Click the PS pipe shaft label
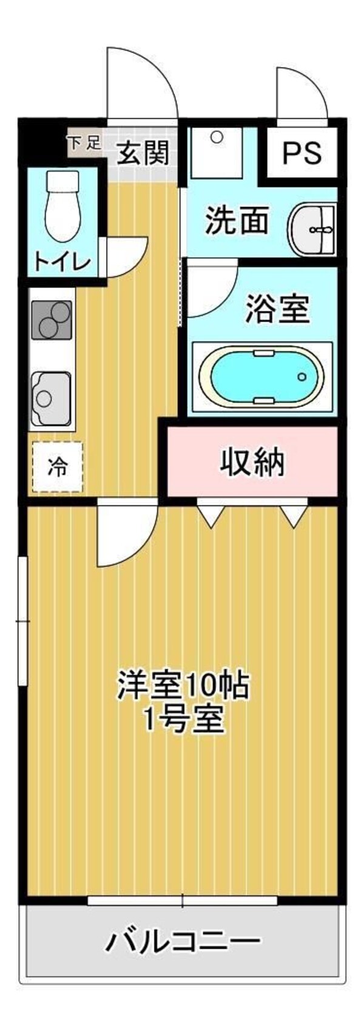point(302,152)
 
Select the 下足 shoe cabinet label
point(84,144)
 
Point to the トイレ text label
point(62,262)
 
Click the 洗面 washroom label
point(237,220)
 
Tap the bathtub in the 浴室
point(261,376)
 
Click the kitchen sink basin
point(51,398)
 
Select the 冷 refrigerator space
point(57,467)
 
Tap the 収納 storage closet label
point(252,463)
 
